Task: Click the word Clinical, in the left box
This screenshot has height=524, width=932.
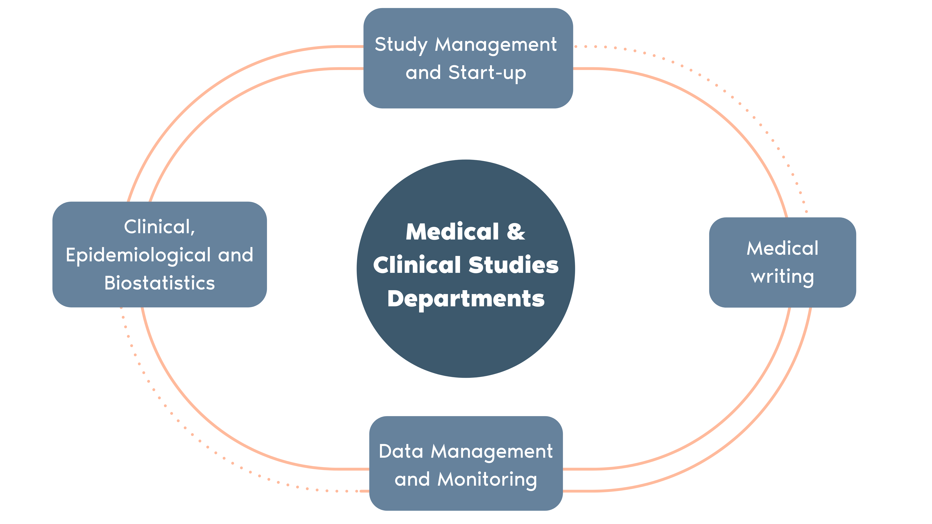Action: coord(160,227)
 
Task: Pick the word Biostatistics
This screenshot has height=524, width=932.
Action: coord(160,283)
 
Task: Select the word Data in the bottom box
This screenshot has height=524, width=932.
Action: coord(401,452)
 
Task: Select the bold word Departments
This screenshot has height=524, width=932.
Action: coord(466,299)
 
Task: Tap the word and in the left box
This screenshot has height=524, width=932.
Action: coord(236,255)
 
